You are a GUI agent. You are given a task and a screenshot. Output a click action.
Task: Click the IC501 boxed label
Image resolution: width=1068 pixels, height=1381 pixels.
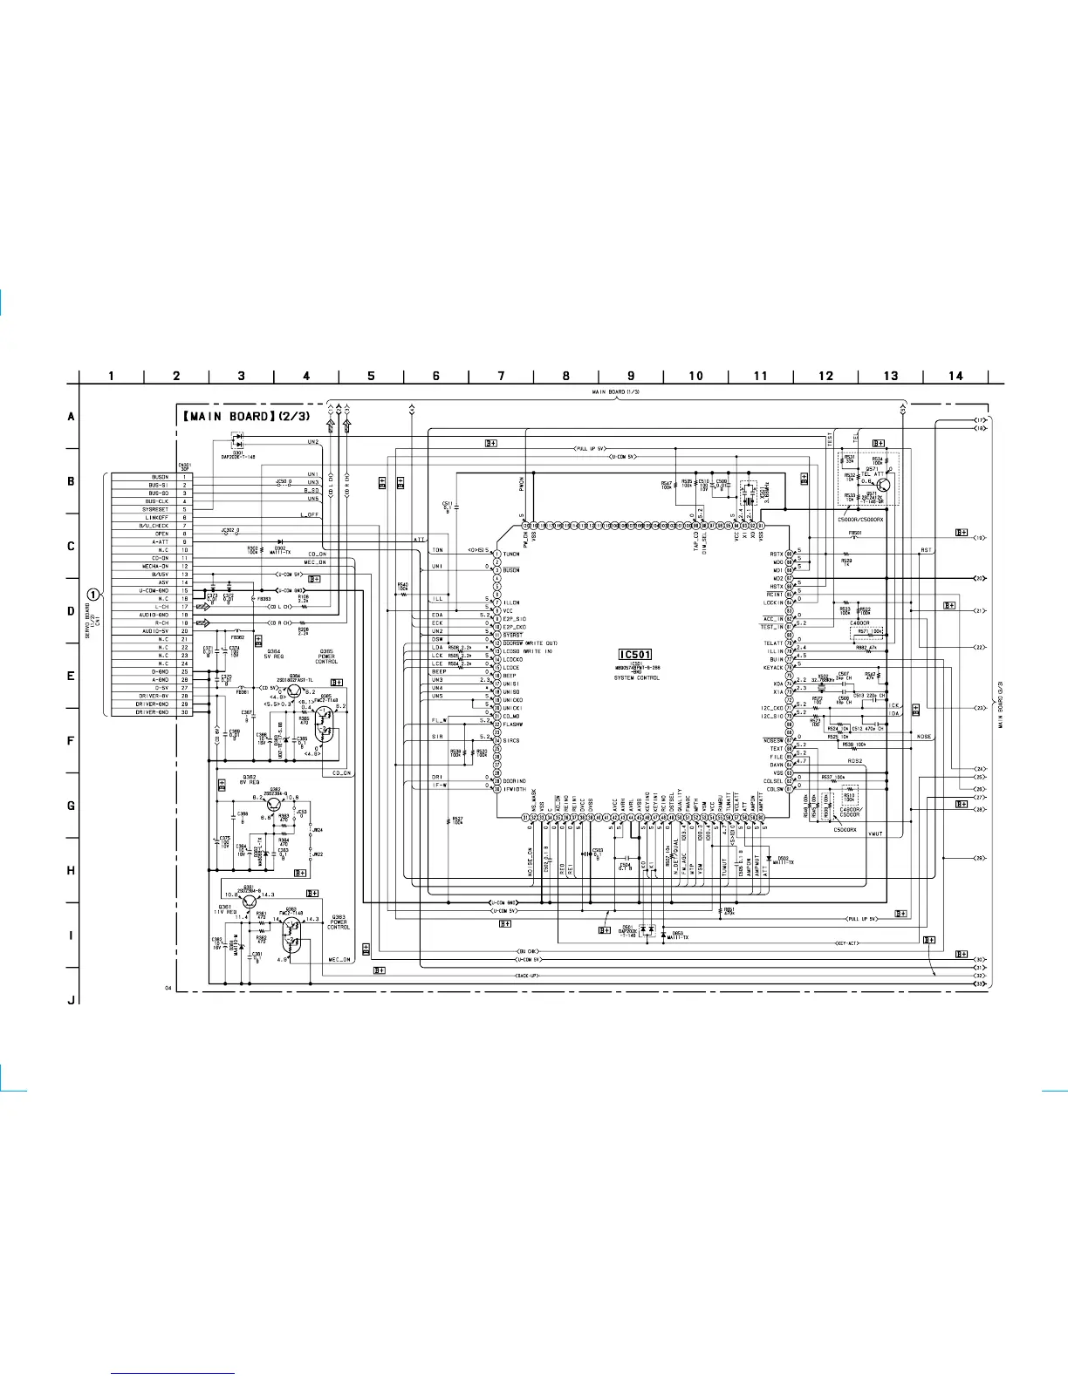(x=634, y=655)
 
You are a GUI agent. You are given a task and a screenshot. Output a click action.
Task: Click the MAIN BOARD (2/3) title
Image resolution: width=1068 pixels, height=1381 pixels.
(x=245, y=416)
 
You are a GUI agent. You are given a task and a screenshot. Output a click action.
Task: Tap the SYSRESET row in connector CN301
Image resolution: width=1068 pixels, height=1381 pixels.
(x=155, y=510)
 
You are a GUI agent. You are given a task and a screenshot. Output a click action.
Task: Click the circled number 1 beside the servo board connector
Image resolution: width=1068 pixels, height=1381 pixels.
(x=92, y=595)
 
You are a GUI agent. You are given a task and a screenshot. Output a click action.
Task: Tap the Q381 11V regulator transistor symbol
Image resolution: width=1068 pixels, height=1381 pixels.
(x=250, y=899)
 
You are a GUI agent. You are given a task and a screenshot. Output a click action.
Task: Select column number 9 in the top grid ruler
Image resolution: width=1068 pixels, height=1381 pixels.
(x=631, y=376)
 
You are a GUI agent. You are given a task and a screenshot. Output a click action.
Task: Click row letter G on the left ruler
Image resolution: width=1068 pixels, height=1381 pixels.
(x=72, y=806)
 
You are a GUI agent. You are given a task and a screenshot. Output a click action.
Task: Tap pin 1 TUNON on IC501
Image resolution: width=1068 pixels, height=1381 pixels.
(x=496, y=554)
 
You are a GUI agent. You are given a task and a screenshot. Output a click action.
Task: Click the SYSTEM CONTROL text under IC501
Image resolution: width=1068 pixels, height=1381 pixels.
(x=636, y=677)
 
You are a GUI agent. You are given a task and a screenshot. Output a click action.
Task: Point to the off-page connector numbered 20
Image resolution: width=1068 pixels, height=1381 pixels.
(x=980, y=578)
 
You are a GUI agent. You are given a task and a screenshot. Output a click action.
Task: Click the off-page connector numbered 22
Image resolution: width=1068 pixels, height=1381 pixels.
(x=980, y=647)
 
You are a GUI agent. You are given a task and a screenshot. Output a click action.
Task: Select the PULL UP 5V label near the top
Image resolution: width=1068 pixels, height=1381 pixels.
(x=590, y=448)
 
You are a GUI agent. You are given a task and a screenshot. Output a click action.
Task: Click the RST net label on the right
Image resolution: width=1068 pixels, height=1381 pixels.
(x=927, y=550)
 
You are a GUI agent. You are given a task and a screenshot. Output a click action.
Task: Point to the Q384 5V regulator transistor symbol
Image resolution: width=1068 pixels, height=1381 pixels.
(x=293, y=691)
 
